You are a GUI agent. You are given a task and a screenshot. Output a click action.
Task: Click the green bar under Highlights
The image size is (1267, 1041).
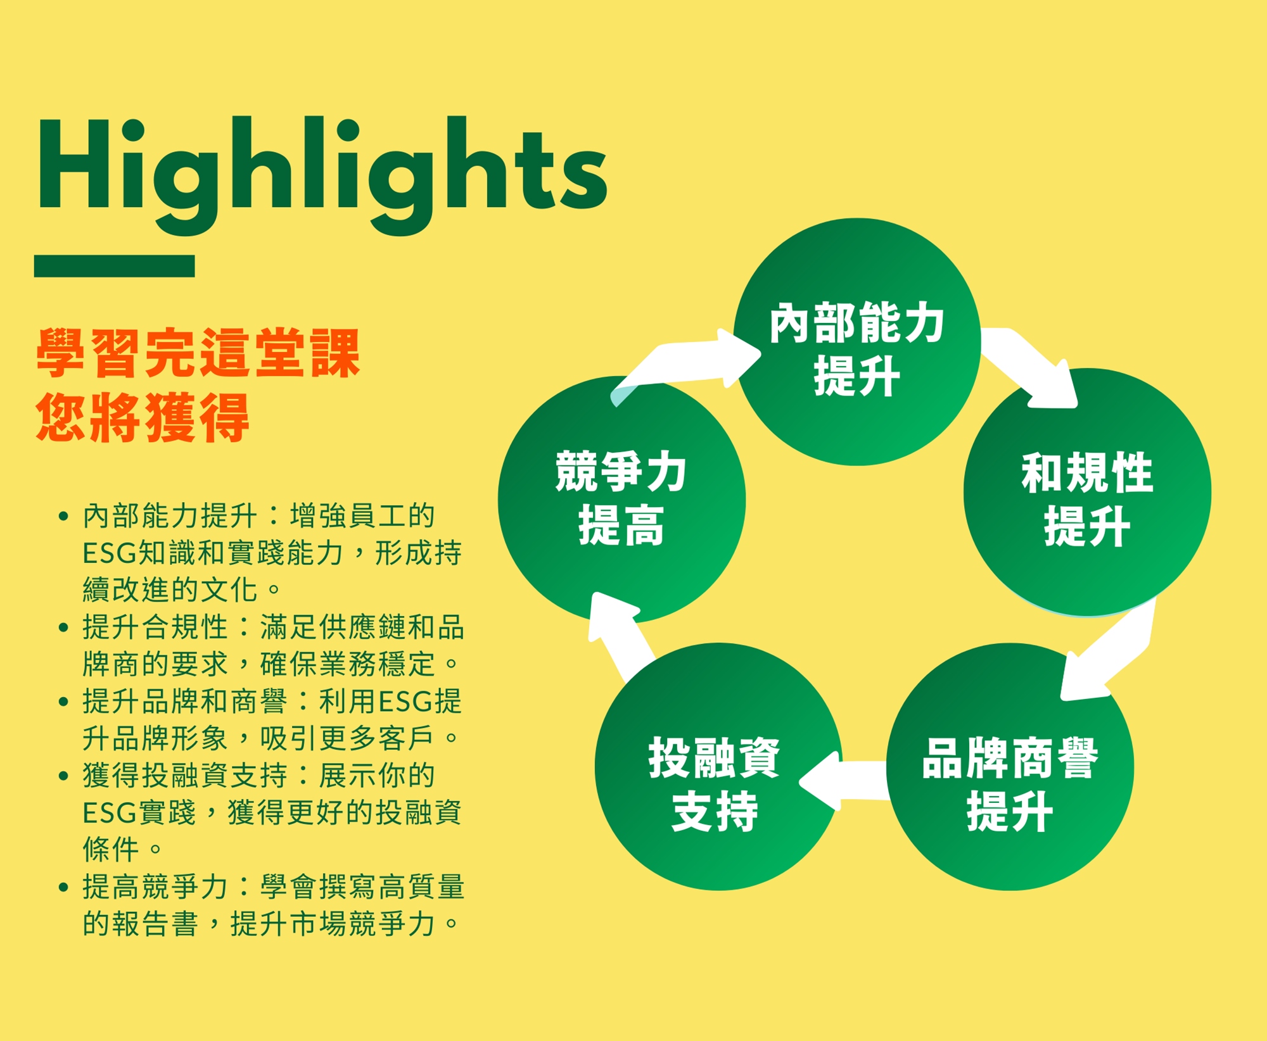[x=114, y=266]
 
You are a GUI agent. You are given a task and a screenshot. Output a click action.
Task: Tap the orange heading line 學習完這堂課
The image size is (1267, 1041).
[x=198, y=353]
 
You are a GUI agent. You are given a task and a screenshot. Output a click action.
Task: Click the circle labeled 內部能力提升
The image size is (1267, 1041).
[x=857, y=342]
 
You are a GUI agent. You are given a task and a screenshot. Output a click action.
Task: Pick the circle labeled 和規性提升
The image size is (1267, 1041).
[x=1087, y=492]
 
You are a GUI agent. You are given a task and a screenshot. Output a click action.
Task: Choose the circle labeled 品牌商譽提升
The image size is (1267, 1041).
[x=1010, y=767]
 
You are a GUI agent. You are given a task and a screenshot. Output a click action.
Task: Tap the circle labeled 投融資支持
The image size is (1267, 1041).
[x=718, y=767]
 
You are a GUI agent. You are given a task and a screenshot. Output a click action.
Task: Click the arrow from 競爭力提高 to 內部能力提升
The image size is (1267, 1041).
[x=684, y=364]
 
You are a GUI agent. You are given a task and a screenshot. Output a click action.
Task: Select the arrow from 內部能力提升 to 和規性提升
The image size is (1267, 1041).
[x=1029, y=368]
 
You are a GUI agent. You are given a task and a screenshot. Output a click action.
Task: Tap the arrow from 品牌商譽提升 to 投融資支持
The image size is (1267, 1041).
[x=843, y=781]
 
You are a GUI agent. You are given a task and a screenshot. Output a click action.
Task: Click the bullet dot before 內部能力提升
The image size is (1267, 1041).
[x=63, y=517]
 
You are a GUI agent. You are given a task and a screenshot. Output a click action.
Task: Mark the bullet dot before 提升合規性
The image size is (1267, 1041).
[x=63, y=628]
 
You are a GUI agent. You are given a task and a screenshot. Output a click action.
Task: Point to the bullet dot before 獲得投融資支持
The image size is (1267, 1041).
[x=63, y=776]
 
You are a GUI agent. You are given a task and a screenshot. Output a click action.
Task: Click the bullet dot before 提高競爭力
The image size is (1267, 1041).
[x=63, y=888]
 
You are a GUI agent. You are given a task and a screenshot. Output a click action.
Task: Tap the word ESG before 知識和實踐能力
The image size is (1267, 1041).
[x=110, y=553]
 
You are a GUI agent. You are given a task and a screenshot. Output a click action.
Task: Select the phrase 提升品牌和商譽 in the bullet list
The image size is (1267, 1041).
[x=185, y=702]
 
